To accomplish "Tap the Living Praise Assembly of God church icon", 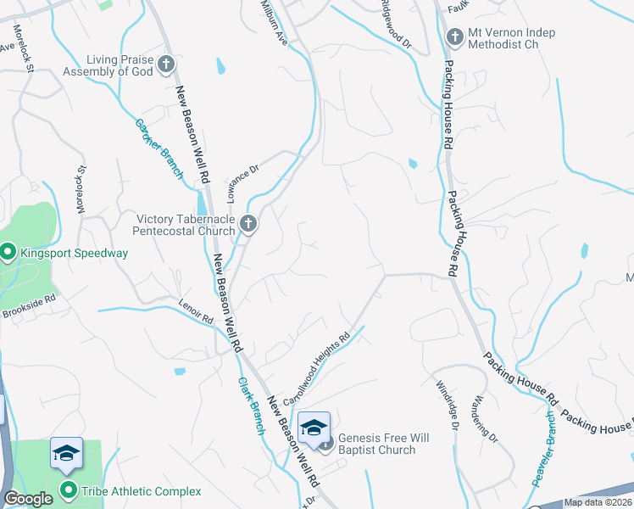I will click(166, 64).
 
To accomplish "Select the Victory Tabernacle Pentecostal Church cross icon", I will click(248, 224).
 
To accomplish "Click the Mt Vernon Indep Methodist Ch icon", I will click(453, 37).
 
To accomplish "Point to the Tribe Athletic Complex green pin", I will click(69, 490).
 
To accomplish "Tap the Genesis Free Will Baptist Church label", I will click(377, 444).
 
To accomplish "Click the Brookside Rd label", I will click(28, 302).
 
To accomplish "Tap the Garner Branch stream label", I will click(159, 148).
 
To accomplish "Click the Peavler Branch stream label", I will click(542, 449).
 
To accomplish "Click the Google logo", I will click(28, 499).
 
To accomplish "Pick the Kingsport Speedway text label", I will click(75, 253).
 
